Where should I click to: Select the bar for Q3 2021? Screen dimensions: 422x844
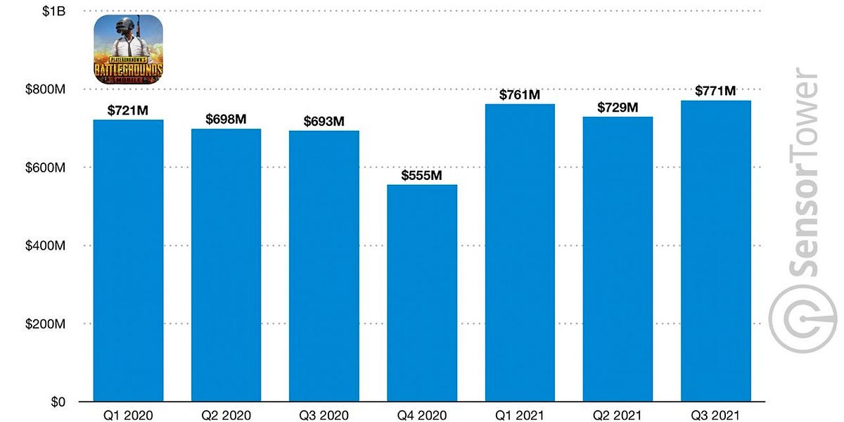pyautogui.click(x=715, y=251)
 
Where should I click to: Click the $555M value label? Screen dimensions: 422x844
pyautogui.click(x=422, y=175)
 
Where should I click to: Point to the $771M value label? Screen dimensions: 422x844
pyautogui.click(x=715, y=91)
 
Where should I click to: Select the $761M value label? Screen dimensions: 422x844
pyautogui.click(x=520, y=94)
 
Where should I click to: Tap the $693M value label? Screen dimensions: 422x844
pyautogui.click(x=324, y=121)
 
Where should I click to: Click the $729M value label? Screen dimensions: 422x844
pyautogui.click(x=618, y=107)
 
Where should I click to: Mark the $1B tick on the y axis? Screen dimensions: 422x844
pyautogui.click(x=56, y=11)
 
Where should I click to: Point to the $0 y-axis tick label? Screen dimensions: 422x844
pyautogui.click(x=58, y=402)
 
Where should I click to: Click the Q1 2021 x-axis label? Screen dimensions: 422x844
pyautogui.click(x=520, y=415)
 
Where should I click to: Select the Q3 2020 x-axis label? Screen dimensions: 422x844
pyautogui.click(x=324, y=415)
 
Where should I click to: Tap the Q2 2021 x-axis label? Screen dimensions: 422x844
pyautogui.click(x=618, y=415)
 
